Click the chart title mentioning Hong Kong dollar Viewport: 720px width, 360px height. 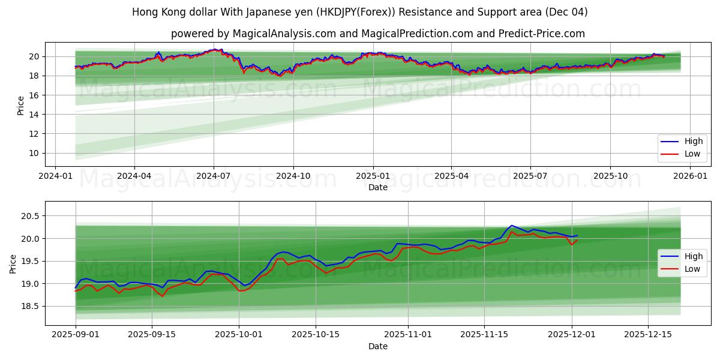pos(360,12)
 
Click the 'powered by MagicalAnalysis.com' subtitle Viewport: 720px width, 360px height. pos(378,34)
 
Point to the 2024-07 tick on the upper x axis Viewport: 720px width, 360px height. pos(214,176)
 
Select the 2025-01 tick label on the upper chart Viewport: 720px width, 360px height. pos(373,176)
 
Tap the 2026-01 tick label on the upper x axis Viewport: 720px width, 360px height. pos(690,176)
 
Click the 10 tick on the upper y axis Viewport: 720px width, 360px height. pos(34,153)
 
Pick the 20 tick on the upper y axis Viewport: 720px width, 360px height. pos(34,56)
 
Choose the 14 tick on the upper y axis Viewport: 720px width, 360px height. pos(34,115)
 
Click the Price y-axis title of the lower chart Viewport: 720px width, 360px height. pos(13,263)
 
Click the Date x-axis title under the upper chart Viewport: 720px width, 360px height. pos(378,187)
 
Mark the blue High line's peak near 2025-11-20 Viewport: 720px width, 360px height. pos(511,226)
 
